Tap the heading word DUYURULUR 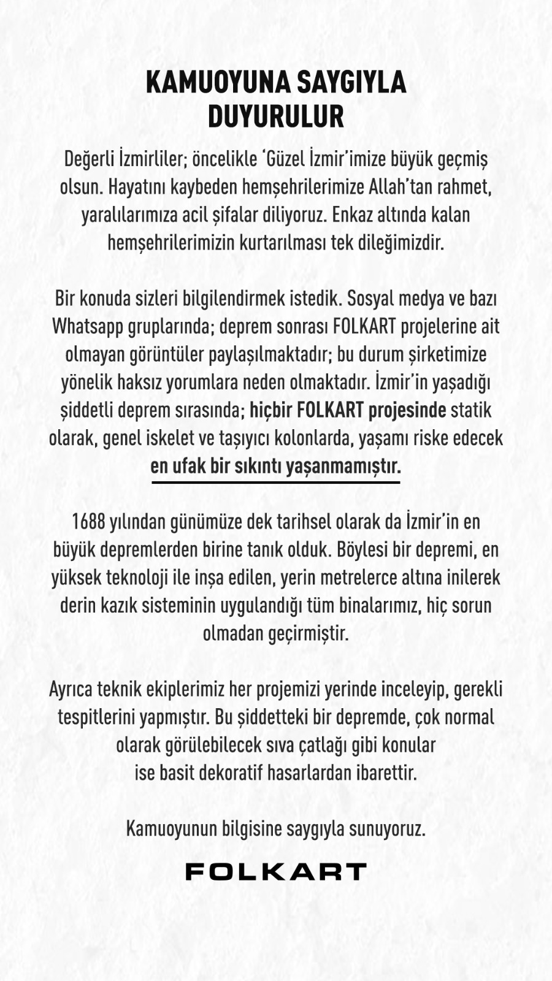click(275, 116)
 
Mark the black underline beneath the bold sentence click(275, 483)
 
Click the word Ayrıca click(71, 689)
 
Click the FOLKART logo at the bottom click(275, 871)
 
